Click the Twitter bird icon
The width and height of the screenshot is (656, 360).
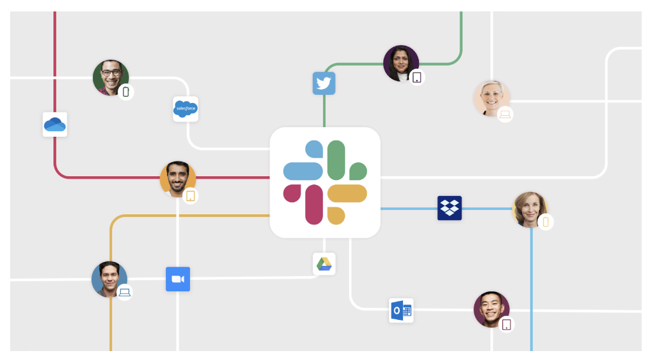(324, 83)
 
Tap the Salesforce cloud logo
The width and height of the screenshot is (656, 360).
(186, 109)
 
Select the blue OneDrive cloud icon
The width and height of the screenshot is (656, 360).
(55, 125)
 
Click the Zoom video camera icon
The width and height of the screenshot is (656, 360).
(178, 279)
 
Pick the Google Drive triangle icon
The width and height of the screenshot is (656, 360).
(324, 264)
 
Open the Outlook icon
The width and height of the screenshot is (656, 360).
(401, 310)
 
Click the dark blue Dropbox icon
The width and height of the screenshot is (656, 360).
(449, 208)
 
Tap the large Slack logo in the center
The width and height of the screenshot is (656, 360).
(325, 183)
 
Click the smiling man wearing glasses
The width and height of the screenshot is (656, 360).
(111, 78)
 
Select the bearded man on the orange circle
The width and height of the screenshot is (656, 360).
(177, 179)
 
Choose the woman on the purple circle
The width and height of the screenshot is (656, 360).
(401, 63)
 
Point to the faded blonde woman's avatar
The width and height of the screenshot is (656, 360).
(491, 98)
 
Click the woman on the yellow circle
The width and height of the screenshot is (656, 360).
(530, 209)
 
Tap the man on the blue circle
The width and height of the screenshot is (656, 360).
(109, 279)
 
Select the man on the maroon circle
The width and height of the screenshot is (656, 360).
(491, 309)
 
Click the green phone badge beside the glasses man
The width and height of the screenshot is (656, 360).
(126, 92)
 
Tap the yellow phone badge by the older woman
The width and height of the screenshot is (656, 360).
(545, 222)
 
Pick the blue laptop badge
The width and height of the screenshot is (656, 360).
(125, 293)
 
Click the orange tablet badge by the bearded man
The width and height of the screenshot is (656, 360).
(191, 196)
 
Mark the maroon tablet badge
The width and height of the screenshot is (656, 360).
(506, 324)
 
